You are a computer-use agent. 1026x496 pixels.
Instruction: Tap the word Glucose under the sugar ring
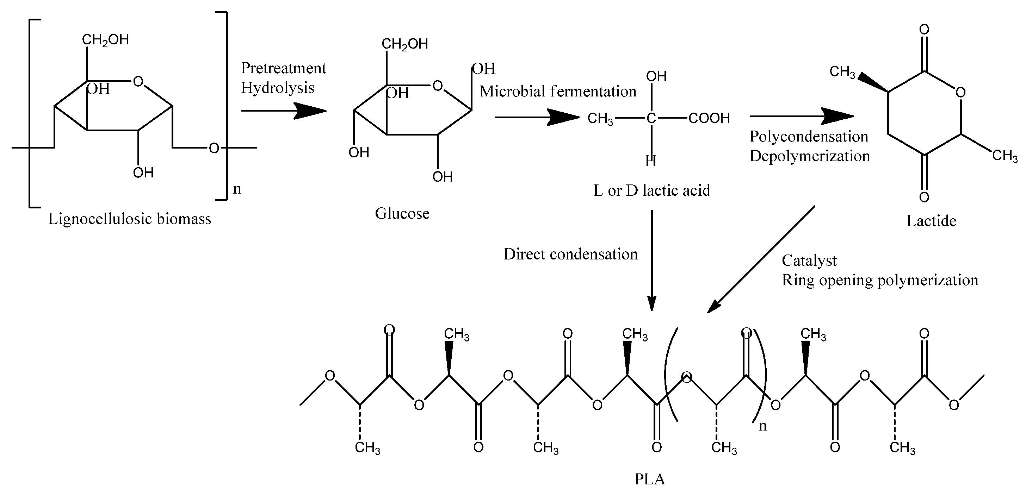pos(402,213)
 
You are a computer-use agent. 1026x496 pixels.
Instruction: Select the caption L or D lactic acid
pos(651,190)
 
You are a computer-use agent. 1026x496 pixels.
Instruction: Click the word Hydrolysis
pos(277,88)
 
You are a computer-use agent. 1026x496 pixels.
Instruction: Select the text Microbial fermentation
pos(558,92)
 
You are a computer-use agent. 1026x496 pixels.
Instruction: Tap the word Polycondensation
pos(809,137)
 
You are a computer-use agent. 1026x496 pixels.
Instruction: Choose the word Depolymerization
pos(809,156)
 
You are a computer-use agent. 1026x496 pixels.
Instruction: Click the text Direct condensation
pos(570,254)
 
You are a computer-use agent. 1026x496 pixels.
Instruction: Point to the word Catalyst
pos(809,260)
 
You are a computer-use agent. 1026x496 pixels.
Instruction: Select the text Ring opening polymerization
pos(880,280)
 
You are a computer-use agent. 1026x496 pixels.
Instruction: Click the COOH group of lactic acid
pos(709,118)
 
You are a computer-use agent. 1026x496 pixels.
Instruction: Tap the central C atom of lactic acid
pos(651,118)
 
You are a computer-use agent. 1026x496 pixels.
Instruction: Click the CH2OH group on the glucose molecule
pos(405,44)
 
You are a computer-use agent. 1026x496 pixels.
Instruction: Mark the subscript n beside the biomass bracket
pos(237,189)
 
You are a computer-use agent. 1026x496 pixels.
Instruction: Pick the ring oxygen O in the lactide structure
pos(960,92)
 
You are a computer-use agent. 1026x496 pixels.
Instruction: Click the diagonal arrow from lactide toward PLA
pos(761,259)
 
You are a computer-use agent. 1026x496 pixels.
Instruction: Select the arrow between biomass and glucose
pos(284,111)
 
